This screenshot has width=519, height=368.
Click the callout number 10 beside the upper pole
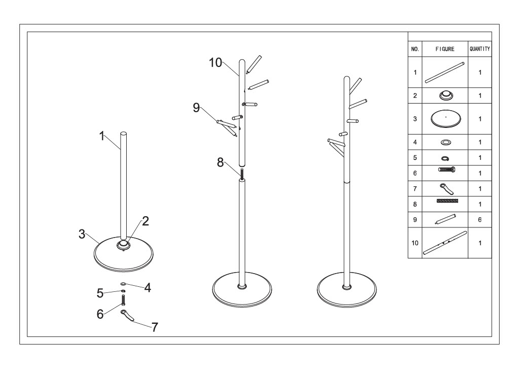[x=215, y=62]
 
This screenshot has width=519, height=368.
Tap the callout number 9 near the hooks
[x=196, y=108]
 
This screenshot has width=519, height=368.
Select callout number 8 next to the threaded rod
[x=220, y=162]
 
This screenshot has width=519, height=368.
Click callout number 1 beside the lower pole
[x=102, y=136]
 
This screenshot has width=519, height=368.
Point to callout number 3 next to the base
[x=82, y=234]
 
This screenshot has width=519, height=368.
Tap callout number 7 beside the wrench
[x=155, y=327]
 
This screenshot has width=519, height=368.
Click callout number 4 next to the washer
[x=147, y=288]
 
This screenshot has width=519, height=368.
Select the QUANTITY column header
[x=479, y=49]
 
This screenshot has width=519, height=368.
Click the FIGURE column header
[x=445, y=49]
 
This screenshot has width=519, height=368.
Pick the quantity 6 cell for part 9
[x=479, y=219]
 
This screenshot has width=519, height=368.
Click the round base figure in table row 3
[x=446, y=118]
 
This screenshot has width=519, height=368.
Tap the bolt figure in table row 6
[x=447, y=170]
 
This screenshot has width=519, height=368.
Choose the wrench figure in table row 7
[x=447, y=189]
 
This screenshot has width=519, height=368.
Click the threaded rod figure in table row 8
[x=448, y=201]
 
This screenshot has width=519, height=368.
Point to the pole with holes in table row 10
[x=445, y=243]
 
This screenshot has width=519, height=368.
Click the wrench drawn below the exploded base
[x=128, y=315]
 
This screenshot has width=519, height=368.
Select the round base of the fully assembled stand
[x=347, y=290]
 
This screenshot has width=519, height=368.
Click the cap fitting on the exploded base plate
[x=124, y=245]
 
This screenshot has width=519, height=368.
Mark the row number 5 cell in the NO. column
[x=415, y=158]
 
